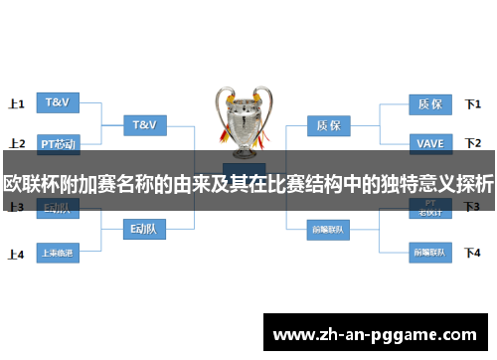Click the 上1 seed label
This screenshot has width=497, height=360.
point(16,102)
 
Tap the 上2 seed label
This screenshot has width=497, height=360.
point(16,143)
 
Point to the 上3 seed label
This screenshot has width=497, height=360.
point(16,207)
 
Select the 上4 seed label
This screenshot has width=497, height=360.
point(16,254)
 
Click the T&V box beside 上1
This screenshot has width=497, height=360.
point(58,102)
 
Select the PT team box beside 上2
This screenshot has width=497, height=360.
point(58,143)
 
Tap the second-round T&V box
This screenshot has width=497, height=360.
point(144,125)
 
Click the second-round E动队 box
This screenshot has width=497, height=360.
point(144,230)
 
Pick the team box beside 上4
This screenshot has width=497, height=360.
point(58,253)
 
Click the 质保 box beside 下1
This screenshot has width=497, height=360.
point(429,102)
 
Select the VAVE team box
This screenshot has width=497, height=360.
point(429,143)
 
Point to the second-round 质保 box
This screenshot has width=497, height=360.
point(328,126)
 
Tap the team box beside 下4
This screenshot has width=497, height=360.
point(429,252)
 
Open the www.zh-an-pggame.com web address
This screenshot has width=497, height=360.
point(374,333)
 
